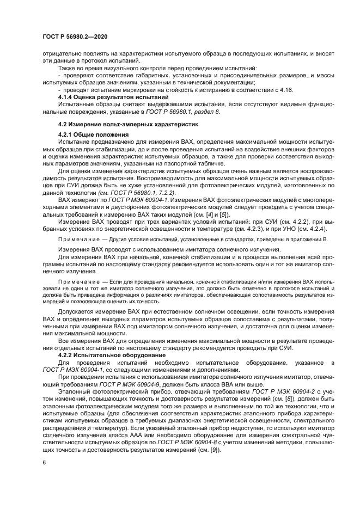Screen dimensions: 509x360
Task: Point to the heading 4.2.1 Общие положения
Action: (93, 134)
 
